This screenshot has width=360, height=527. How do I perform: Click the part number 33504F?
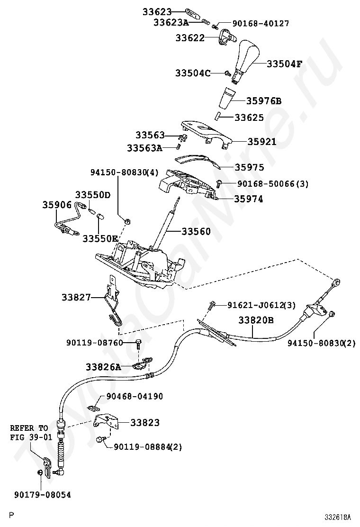(284, 64)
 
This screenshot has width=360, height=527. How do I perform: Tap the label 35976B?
(264, 100)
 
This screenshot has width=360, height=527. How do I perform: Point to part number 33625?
(249, 118)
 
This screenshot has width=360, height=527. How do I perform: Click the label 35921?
(262, 142)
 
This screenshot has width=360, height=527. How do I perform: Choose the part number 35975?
(249, 167)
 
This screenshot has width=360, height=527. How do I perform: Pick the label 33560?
(196, 231)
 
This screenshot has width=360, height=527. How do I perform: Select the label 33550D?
(93, 195)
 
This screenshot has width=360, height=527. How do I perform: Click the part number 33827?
(76, 297)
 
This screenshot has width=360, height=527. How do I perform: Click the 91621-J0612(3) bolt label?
(261, 305)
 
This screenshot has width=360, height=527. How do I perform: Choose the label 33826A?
(103, 367)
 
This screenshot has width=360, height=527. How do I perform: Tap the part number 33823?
(145, 422)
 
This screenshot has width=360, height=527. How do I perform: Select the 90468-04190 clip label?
(135, 396)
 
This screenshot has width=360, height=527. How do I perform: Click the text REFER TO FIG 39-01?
(31, 433)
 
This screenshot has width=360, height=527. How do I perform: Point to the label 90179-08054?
(43, 495)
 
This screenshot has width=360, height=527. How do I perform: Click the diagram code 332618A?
(337, 516)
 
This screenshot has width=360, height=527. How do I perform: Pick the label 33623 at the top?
(157, 12)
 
